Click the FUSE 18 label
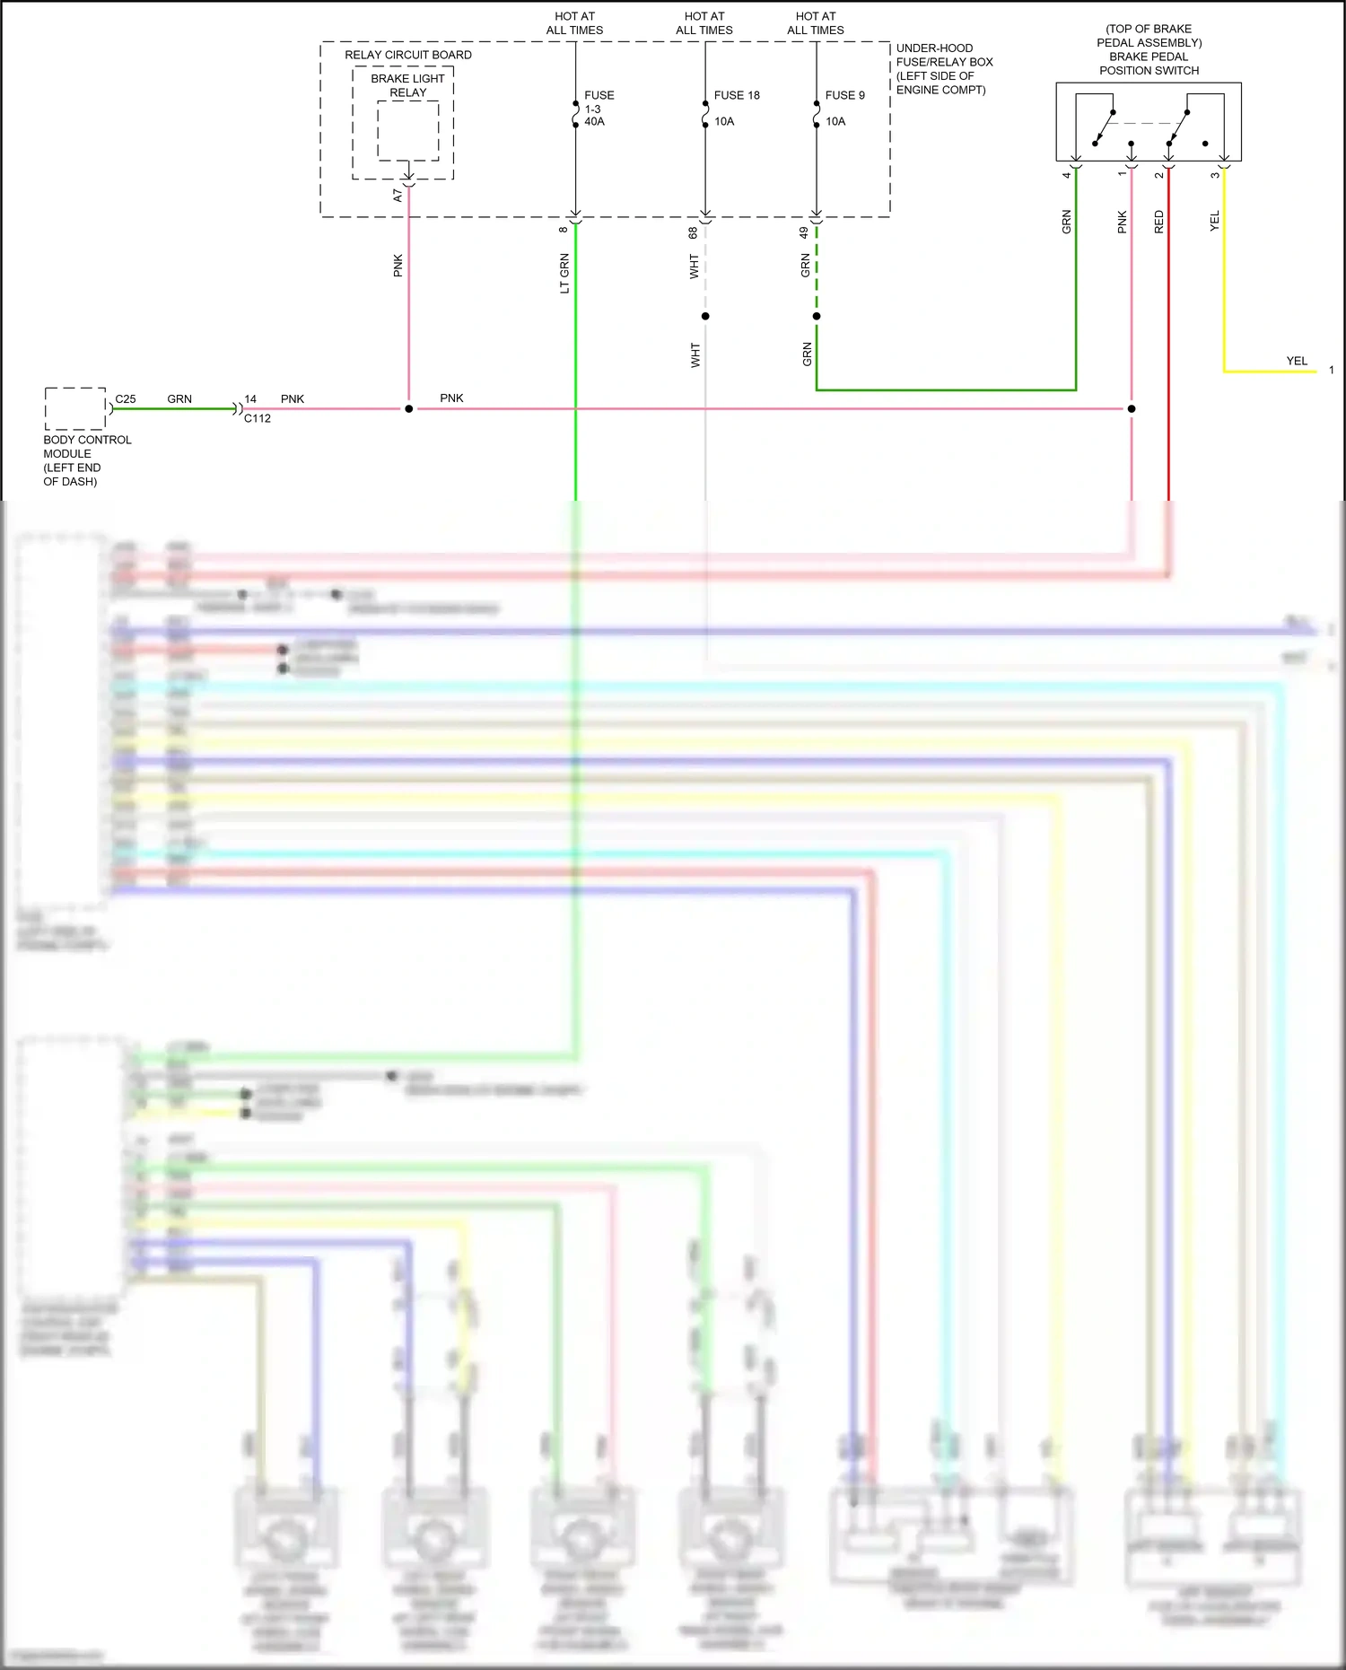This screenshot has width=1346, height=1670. (736, 95)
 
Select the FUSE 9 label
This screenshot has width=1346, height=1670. (844, 95)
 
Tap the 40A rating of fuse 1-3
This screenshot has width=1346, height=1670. (594, 121)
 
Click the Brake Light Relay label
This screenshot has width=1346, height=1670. (407, 85)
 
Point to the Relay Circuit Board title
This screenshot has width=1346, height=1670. (407, 55)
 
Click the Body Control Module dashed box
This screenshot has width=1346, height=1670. (75, 409)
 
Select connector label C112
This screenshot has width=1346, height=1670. (258, 418)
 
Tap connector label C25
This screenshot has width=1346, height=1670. (126, 399)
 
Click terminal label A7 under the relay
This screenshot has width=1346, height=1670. (398, 195)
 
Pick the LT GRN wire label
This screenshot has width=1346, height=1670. (564, 274)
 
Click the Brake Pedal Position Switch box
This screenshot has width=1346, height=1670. (1148, 122)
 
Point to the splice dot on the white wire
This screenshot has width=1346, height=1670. (705, 316)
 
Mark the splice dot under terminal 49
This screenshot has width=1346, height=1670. (817, 316)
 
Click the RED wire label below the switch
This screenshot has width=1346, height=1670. (1158, 222)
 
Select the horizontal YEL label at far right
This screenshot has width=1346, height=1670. (1297, 361)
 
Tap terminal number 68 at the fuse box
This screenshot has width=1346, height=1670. (693, 232)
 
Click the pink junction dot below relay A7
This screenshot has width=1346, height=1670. (409, 409)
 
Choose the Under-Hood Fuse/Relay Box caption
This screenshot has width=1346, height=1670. (944, 69)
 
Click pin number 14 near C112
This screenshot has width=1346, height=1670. (250, 399)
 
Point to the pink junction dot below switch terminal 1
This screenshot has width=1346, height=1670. (1132, 409)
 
